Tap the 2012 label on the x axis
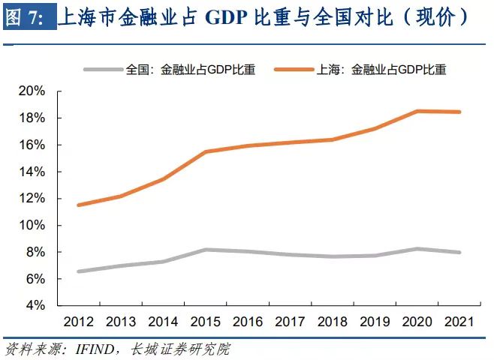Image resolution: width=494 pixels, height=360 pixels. tap(79, 322)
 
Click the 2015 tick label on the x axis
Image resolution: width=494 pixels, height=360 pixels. tap(206, 322)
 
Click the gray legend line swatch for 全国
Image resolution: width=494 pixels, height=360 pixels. tap(100, 70)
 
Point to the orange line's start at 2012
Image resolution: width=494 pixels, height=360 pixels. tap(79, 205)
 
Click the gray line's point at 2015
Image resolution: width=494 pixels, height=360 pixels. tap(206, 250)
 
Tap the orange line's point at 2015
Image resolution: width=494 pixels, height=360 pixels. tap(206, 151)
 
